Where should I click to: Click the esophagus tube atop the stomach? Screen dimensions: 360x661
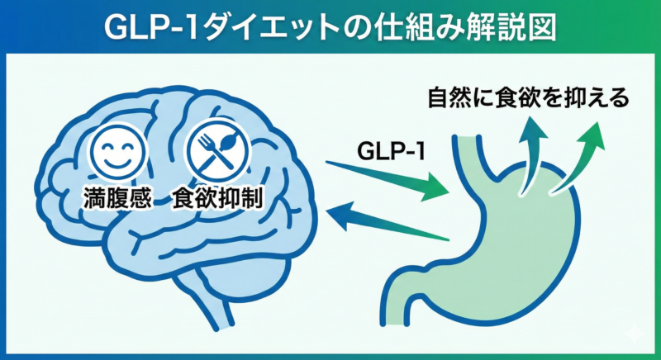click(474, 153)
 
